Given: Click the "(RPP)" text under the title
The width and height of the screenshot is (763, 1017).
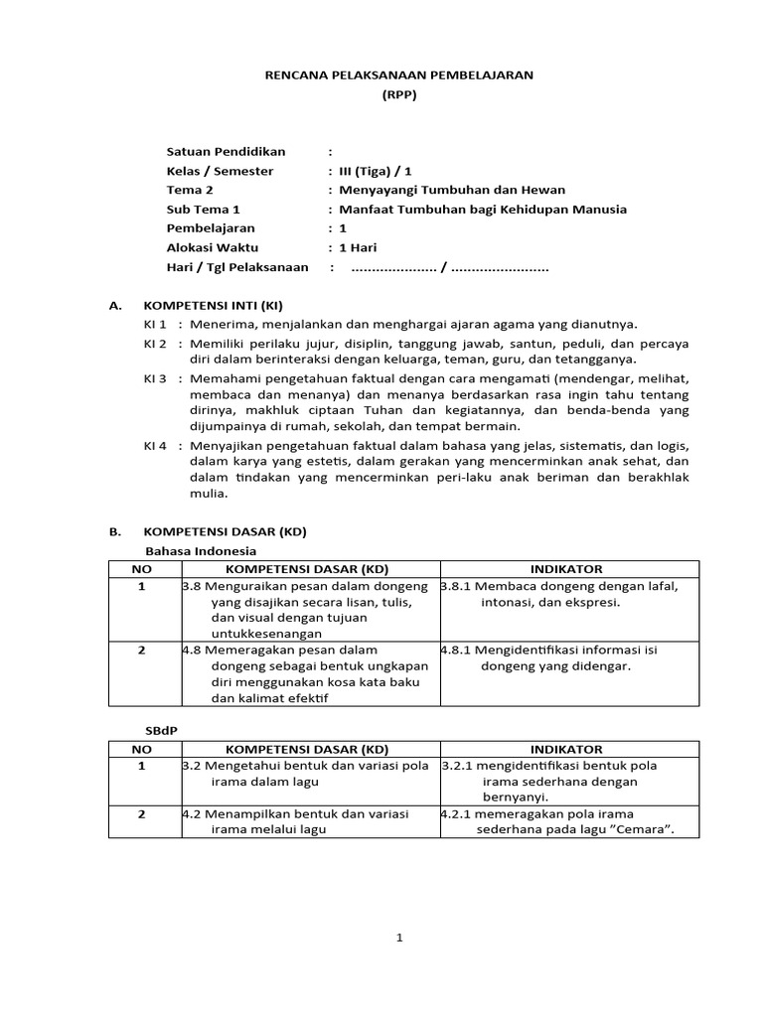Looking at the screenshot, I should (x=400, y=94).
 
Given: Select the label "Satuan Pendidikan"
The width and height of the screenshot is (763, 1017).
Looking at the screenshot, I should (x=226, y=151).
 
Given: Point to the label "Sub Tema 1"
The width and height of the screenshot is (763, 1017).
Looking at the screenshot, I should (x=204, y=210).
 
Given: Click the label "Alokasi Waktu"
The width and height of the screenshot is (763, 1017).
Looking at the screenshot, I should (x=211, y=247).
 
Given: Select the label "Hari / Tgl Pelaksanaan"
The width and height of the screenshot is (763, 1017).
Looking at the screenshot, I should (x=237, y=267).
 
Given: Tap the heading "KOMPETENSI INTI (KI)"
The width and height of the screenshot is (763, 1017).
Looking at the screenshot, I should (x=221, y=305).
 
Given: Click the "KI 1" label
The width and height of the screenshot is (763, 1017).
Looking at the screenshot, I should (x=156, y=324).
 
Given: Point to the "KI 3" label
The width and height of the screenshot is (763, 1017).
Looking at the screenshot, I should (x=156, y=378).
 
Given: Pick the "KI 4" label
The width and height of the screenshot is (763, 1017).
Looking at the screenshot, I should (x=156, y=444).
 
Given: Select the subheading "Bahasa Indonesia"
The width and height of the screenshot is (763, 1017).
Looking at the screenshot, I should (x=201, y=550).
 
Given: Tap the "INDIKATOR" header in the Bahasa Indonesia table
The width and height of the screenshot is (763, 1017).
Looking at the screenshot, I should (x=565, y=569).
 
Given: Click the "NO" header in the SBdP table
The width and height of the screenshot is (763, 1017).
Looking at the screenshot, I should (x=142, y=748).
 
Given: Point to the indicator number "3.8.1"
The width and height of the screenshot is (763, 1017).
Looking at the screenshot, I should (x=456, y=587).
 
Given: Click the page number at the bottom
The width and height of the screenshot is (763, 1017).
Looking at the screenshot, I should (x=398, y=940).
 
